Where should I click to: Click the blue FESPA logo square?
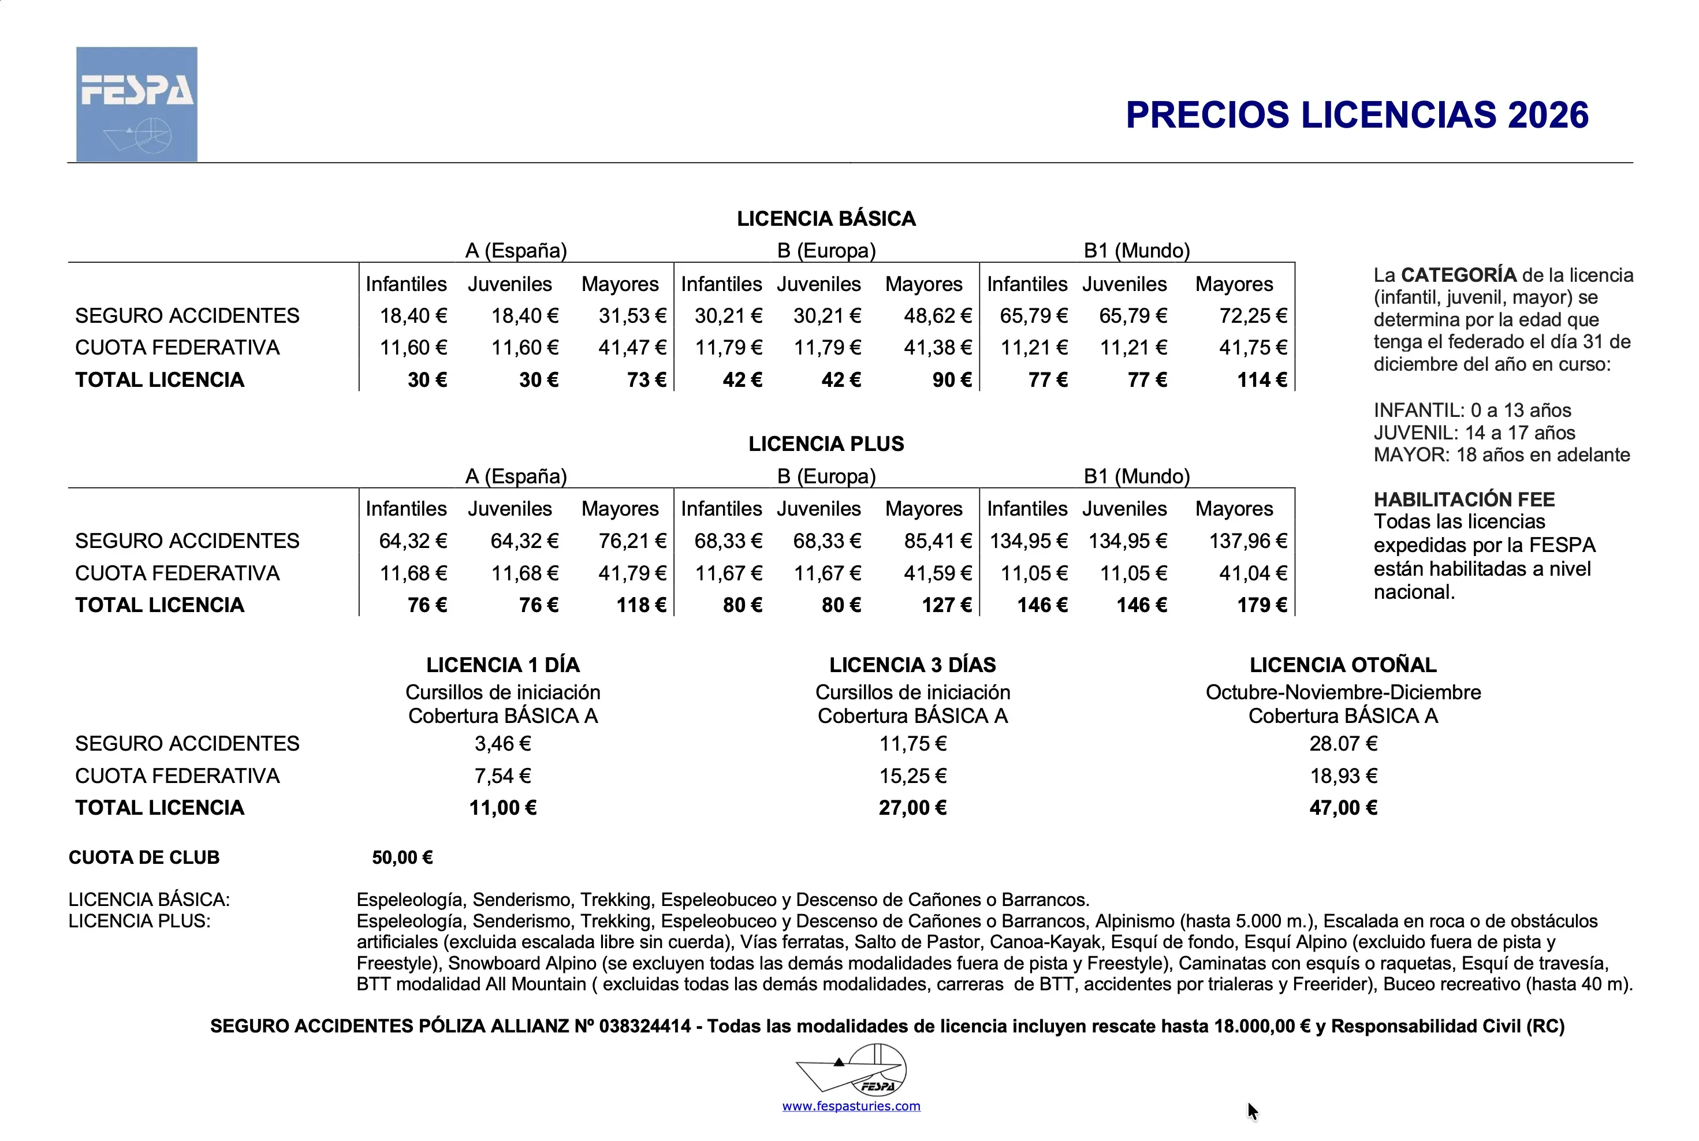coord(137,104)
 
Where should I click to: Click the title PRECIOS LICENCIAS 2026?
coord(1357,115)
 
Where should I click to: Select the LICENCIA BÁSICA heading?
coord(826,218)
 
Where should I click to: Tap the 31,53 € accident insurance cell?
coord(632,316)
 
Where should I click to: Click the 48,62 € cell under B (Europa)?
coord(937,316)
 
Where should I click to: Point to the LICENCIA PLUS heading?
coord(826,444)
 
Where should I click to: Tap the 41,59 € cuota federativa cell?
coord(937,573)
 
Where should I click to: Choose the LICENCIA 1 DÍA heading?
coord(503,665)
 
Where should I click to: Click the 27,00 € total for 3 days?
coord(912,808)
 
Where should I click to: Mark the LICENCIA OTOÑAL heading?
coord(1343,665)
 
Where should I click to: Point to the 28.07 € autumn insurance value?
coord(1343,744)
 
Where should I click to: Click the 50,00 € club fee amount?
coord(403,858)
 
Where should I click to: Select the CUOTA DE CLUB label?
coord(144,858)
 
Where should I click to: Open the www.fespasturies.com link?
coord(851,1106)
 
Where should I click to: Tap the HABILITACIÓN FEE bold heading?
coord(1464,499)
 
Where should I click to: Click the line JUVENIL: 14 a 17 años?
coord(1474,433)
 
